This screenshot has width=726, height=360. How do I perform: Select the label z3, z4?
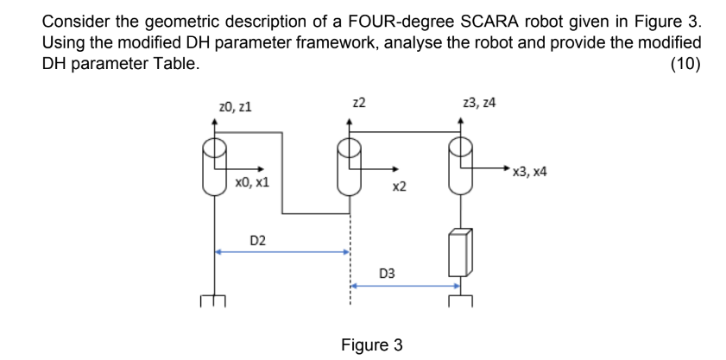point(479,103)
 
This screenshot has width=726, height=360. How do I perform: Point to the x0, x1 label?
point(252,182)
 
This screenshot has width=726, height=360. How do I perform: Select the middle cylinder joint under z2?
point(349,166)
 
